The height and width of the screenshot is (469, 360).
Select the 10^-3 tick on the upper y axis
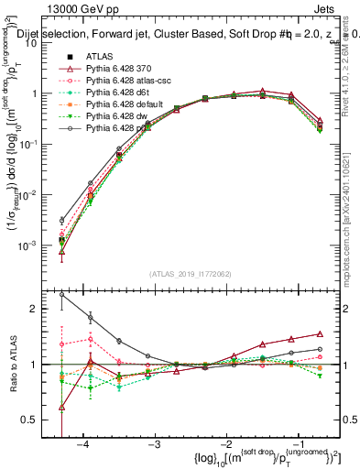coord(35,245)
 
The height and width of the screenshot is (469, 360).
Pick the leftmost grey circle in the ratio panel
coord(61,294)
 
